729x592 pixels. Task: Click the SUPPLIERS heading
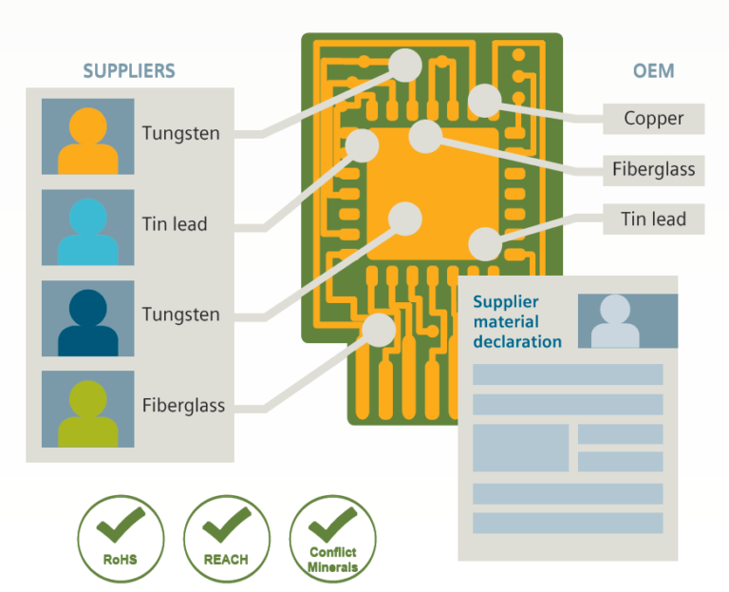pos(128,71)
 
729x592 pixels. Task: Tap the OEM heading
pos(653,71)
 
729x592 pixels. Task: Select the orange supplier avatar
pos(87,137)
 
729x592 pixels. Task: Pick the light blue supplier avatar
pos(87,228)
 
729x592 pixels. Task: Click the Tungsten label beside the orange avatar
pos(180,134)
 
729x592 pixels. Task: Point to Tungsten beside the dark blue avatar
pos(180,315)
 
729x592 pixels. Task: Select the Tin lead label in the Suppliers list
pos(175,225)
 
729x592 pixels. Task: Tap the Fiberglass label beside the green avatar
pos(183,406)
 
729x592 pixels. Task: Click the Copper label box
pos(653,119)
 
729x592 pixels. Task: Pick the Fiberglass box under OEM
pos(653,170)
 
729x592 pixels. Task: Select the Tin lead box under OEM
pos(653,220)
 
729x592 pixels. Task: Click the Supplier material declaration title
pos(517,321)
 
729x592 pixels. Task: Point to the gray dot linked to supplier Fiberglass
pos(379,330)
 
